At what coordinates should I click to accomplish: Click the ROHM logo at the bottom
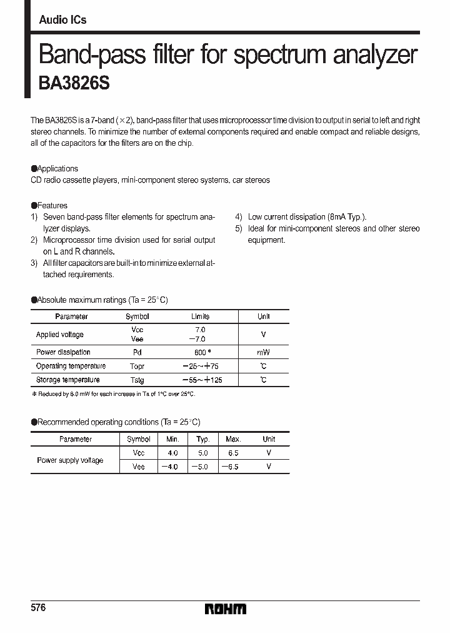pos(226,609)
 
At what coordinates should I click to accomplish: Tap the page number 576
pos(38,608)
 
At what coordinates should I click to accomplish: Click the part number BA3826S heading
pos(74,83)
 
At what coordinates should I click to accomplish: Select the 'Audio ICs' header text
pos(62,20)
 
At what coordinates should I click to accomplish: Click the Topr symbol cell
pos(137,366)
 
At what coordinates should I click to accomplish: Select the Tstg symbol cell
pos(137,380)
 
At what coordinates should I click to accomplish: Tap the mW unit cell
pos(264,352)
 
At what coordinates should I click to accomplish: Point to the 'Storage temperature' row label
pos(67,380)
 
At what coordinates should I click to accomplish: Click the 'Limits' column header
pos(200,316)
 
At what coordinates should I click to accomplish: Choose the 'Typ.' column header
pos(202,439)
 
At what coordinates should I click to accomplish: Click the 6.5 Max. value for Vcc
pos(232,452)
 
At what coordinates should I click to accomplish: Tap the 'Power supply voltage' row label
pos(70,460)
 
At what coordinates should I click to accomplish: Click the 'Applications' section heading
pos(57,168)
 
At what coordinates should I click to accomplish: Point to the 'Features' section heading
pos(52,205)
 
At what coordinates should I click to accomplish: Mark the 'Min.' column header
pos(172,439)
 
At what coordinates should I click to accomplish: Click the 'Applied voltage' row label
pos(59,335)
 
